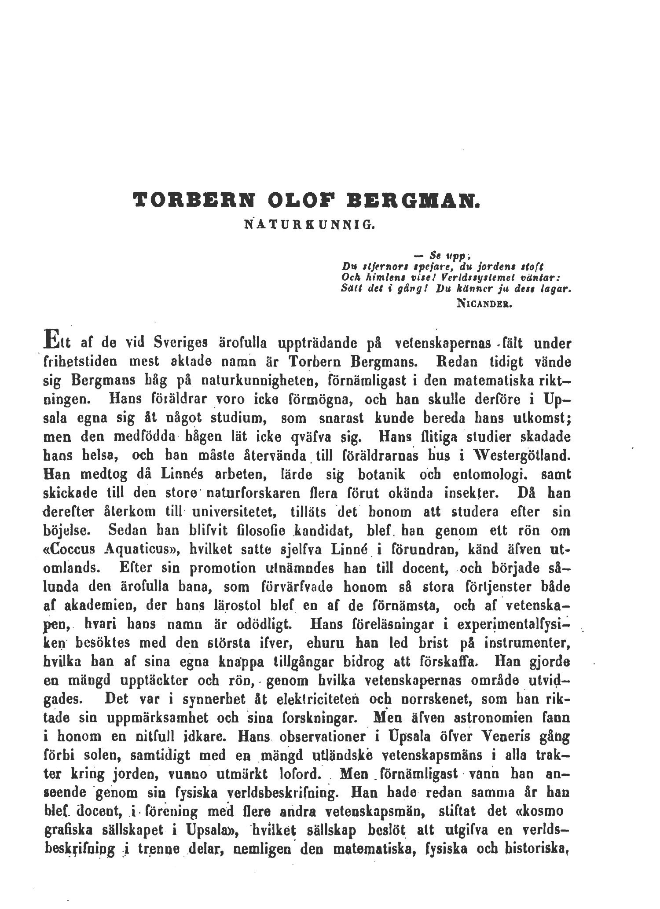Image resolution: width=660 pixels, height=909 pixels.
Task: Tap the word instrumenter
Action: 527,643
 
